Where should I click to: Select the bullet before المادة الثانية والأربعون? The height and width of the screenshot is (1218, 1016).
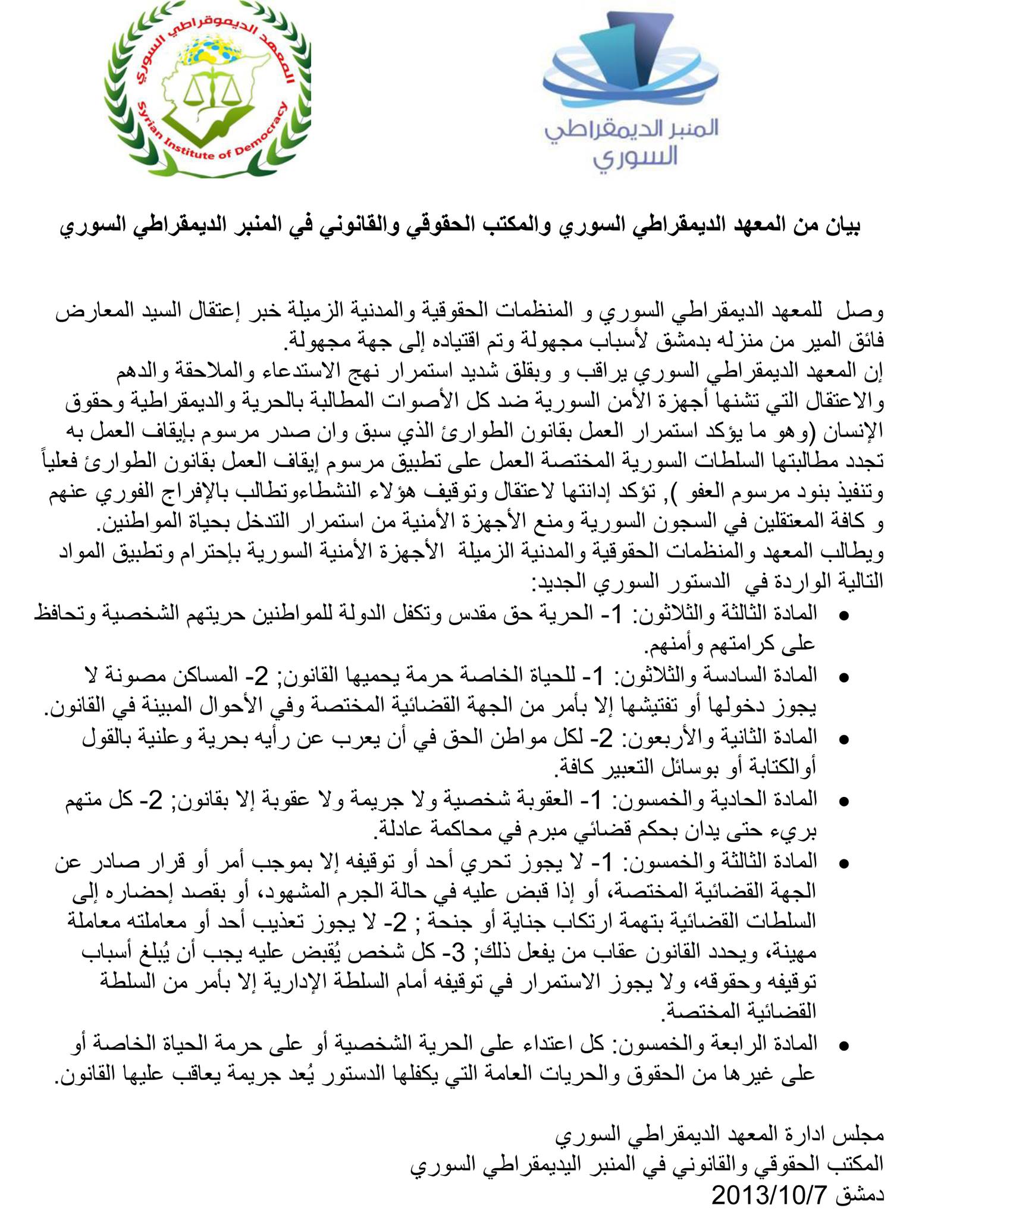[x=843, y=740]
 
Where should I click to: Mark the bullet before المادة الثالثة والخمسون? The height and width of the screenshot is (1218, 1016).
[x=843, y=863]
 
